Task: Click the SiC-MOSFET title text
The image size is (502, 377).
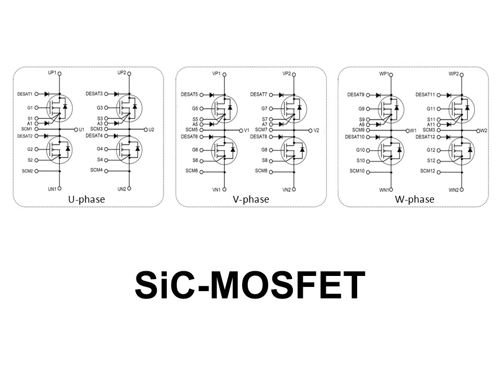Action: (x=250, y=286)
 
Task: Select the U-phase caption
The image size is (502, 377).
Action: (x=86, y=199)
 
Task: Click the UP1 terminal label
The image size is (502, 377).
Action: (x=52, y=73)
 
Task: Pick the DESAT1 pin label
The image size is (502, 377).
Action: (x=25, y=94)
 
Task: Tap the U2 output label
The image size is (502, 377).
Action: (x=152, y=129)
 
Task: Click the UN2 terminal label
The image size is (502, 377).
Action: (x=121, y=188)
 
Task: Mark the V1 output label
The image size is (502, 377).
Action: (x=247, y=130)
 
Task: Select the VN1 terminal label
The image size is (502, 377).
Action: (x=216, y=189)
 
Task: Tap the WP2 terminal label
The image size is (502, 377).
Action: (x=454, y=74)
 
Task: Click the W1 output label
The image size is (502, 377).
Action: (x=413, y=130)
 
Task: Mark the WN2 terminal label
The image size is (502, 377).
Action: (x=454, y=190)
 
